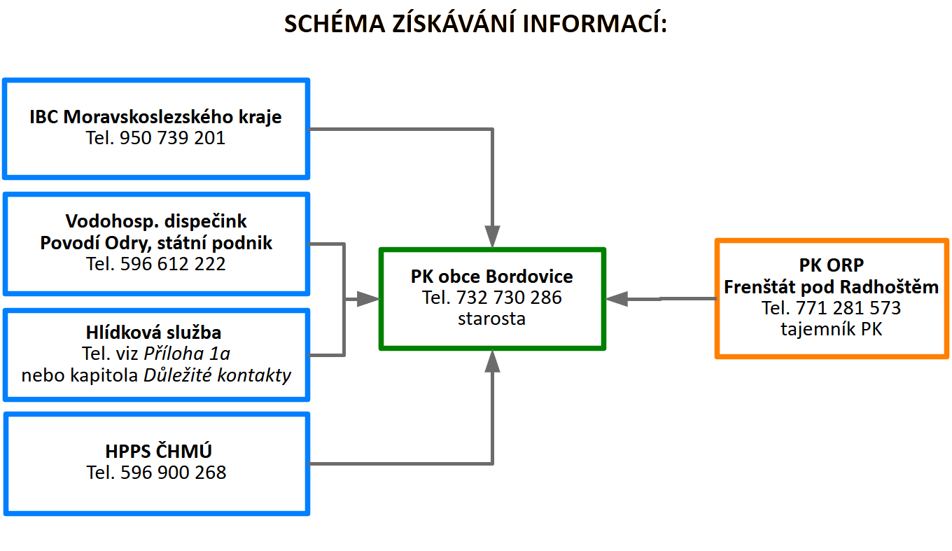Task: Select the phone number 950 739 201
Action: click(173, 138)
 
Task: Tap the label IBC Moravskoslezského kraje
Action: click(155, 117)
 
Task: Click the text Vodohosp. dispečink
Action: click(156, 221)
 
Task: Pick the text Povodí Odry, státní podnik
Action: click(156, 243)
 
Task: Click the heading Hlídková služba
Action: click(156, 333)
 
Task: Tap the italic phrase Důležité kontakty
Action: click(217, 375)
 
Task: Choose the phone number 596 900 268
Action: click(174, 473)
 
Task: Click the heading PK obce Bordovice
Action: click(491, 277)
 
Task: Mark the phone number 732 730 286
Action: click(509, 298)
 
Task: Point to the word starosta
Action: click(491, 319)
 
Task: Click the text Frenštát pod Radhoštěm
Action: click(831, 287)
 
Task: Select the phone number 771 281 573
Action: click(848, 308)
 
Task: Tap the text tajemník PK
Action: click(831, 329)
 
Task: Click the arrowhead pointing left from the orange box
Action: click(616, 299)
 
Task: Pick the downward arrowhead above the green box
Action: click(493, 236)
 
